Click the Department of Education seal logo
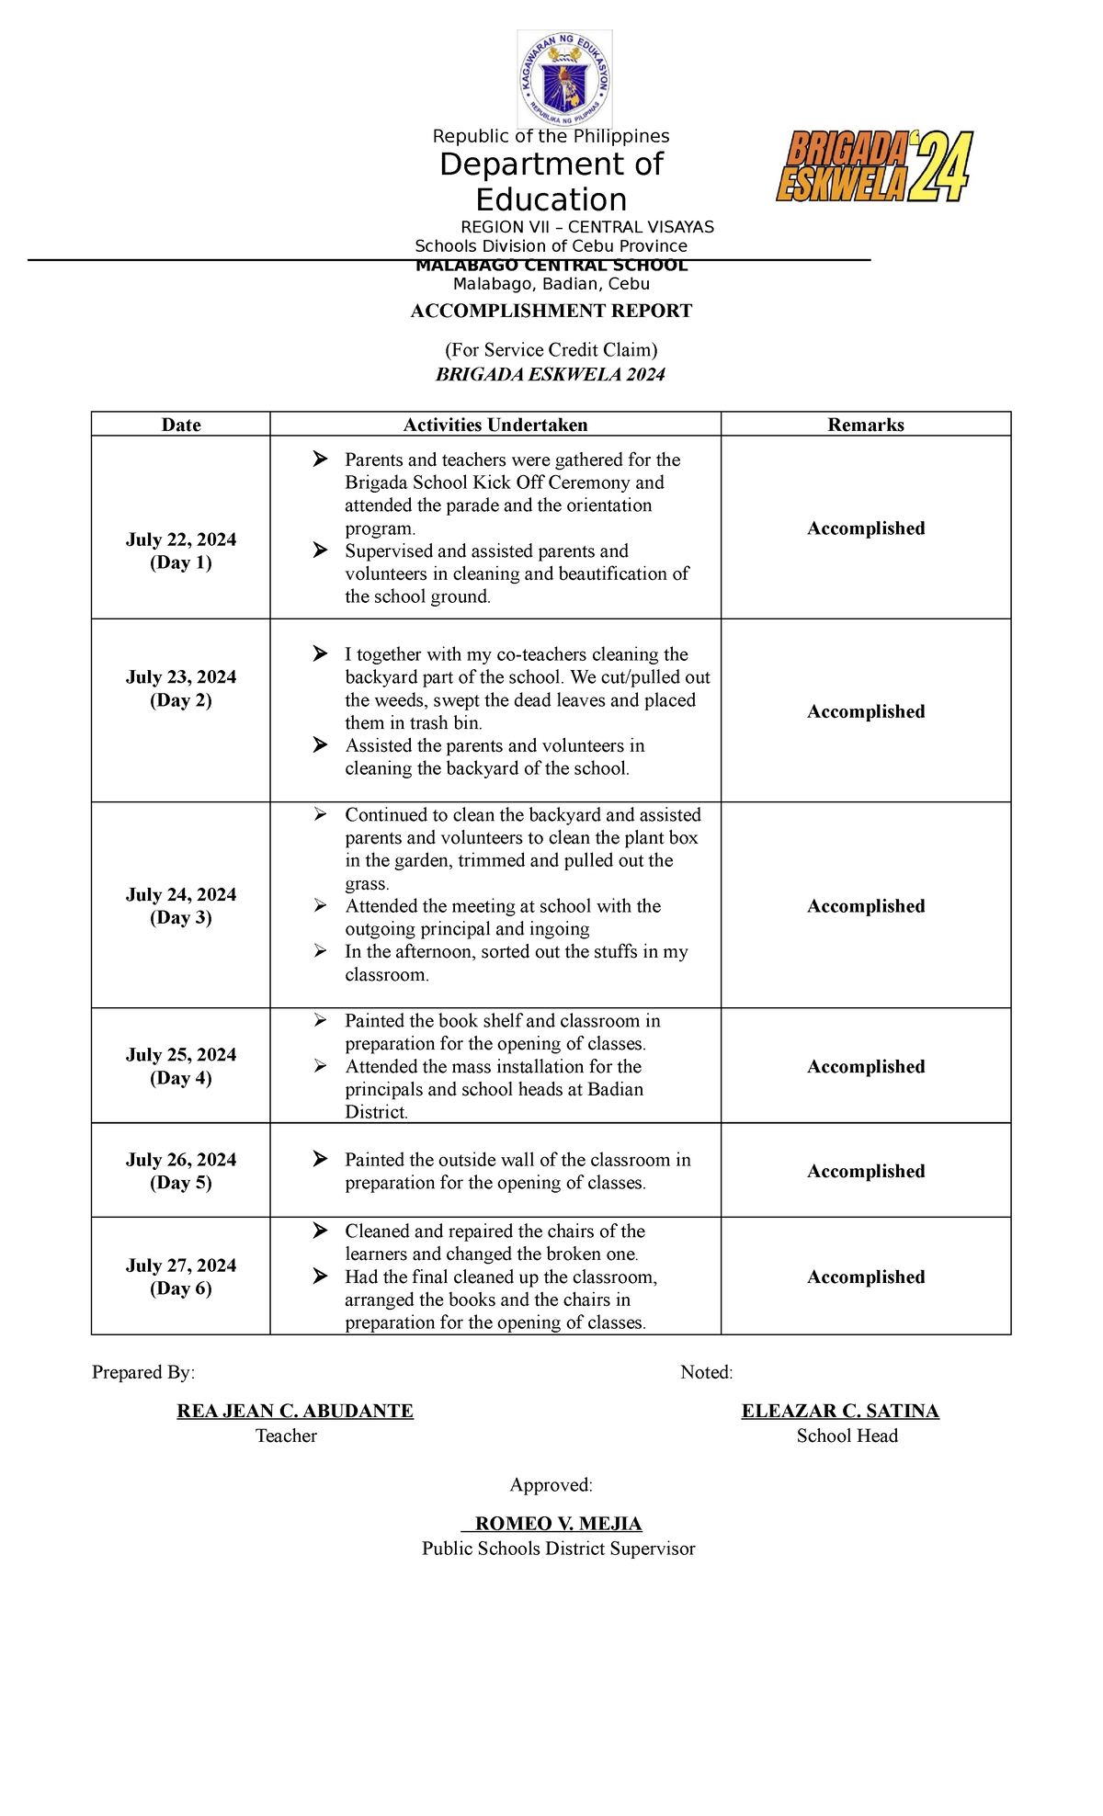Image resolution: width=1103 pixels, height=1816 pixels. pos(564,78)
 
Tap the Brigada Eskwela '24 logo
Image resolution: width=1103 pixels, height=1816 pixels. pos(874,166)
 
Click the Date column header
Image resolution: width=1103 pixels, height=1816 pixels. pos(181,425)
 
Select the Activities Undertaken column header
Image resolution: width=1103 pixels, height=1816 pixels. pos(495,425)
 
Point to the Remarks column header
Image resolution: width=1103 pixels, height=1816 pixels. pos(866,425)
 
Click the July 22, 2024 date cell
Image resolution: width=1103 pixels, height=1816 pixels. pos(181,539)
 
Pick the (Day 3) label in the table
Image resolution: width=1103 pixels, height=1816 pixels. pos(181,917)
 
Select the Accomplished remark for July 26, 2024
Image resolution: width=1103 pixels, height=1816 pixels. pos(866,1171)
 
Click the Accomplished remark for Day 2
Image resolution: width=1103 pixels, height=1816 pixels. pos(866,711)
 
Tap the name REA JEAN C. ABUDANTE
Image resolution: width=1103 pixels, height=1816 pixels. pos(295,1411)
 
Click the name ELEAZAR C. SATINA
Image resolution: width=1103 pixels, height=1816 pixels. pos(840,1411)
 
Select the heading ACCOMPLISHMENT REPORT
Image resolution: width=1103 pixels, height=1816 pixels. pos(551,311)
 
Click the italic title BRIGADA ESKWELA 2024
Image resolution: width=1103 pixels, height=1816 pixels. pos(551,374)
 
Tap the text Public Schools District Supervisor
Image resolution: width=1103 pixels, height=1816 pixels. pos(558,1549)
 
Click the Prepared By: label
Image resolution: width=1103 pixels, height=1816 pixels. pos(143,1372)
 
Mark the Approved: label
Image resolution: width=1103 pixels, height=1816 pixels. pos(551,1485)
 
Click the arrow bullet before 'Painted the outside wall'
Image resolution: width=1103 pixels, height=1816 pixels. pos(320,1159)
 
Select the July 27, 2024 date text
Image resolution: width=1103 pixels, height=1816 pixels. pos(181,1266)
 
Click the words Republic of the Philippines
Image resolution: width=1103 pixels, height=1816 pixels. pos(551,136)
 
